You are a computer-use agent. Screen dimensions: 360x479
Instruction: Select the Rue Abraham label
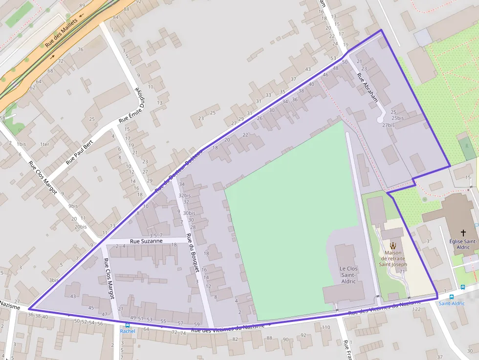click(x=368, y=88)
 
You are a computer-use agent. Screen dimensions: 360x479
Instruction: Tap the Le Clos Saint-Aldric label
click(x=348, y=275)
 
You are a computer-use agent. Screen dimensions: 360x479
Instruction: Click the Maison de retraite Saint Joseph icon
click(x=393, y=246)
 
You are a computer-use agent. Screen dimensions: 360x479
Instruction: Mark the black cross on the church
click(x=463, y=233)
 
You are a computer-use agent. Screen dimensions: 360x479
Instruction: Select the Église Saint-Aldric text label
click(x=463, y=244)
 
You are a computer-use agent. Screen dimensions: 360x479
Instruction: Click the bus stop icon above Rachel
click(x=128, y=325)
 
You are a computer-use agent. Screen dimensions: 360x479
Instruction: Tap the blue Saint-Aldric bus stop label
click(x=451, y=303)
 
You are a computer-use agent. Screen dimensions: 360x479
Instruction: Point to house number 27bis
click(x=388, y=125)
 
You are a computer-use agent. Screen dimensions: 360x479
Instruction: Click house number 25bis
click(x=397, y=118)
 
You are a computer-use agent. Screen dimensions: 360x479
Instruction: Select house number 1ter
click(x=45, y=144)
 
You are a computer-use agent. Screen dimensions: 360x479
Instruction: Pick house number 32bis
click(x=184, y=195)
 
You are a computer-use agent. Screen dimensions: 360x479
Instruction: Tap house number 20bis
click(x=81, y=227)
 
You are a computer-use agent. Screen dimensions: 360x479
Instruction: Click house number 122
click(x=416, y=310)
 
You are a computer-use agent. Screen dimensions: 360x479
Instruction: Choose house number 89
click(x=82, y=5)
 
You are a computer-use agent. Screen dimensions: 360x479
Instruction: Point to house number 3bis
click(x=53, y=280)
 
